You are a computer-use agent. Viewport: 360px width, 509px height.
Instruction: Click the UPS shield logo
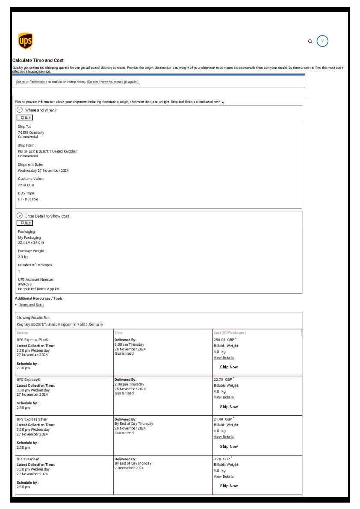pyautogui.click(x=26, y=41)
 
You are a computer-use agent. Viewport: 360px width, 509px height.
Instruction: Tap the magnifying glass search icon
pyautogui.click(x=310, y=41)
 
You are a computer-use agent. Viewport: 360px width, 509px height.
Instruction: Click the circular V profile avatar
pyautogui.click(x=322, y=41)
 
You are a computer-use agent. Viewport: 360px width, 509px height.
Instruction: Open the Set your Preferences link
pyautogui.click(x=32, y=82)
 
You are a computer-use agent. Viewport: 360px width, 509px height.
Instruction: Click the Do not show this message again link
pyautogui.click(x=112, y=82)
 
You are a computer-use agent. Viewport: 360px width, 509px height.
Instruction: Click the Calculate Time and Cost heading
pyautogui.click(x=38, y=61)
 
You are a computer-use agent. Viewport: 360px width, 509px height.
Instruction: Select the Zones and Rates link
pyautogui.click(x=32, y=305)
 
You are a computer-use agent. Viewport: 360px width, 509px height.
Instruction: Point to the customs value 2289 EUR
pyautogui.click(x=26, y=185)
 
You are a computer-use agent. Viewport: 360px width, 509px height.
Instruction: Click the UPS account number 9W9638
pyautogui.click(x=25, y=284)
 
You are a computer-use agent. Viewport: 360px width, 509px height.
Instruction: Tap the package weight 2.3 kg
pyautogui.click(x=23, y=257)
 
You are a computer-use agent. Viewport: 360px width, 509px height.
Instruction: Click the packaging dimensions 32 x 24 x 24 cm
pyautogui.click(x=31, y=242)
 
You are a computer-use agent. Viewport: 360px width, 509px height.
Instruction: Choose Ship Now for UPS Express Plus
pyautogui.click(x=229, y=367)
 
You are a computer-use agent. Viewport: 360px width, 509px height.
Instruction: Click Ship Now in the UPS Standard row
pyautogui.click(x=229, y=486)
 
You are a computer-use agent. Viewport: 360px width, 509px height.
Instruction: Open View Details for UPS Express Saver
pyautogui.click(x=224, y=437)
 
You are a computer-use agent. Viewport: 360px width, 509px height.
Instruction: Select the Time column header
pyautogui.click(x=118, y=332)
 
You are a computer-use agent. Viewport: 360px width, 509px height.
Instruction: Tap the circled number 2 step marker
pyautogui.click(x=20, y=216)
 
